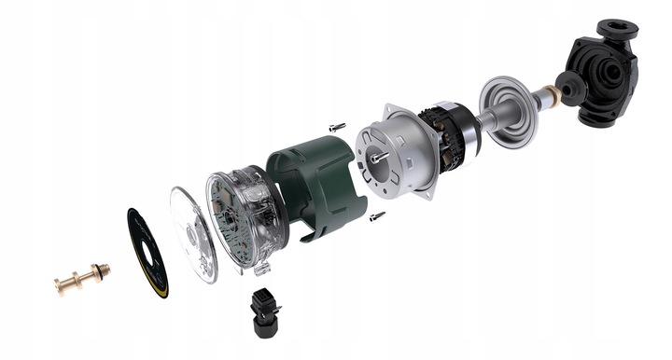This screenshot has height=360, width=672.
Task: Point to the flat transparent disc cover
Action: point(193,233)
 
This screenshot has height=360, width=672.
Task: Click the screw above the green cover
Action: point(337,126)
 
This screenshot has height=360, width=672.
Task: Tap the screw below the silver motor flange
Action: point(377,216)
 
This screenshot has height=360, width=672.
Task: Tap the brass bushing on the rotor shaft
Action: point(553,93)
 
